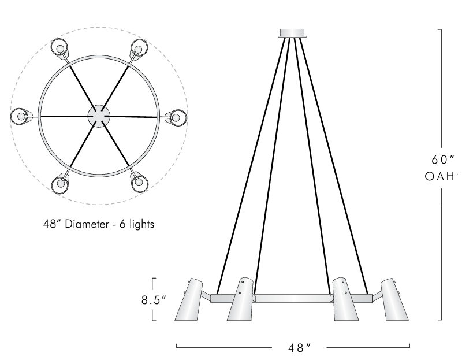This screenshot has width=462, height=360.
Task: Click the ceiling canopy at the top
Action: (293, 33)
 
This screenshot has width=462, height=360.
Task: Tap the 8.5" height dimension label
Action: (155, 300)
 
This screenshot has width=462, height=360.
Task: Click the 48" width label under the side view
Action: (300, 348)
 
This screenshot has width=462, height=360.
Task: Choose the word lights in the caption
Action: (141, 224)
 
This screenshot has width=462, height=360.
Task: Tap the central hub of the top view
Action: (99, 116)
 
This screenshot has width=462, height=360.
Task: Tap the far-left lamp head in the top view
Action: (21, 116)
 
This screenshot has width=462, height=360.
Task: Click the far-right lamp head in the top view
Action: (177, 117)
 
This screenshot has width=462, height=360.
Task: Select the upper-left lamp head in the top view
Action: (59, 47)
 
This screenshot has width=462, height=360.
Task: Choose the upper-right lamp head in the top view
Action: (138, 47)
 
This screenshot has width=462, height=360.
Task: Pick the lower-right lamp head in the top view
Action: (138, 184)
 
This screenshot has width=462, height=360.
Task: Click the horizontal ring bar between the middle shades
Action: (293, 299)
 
